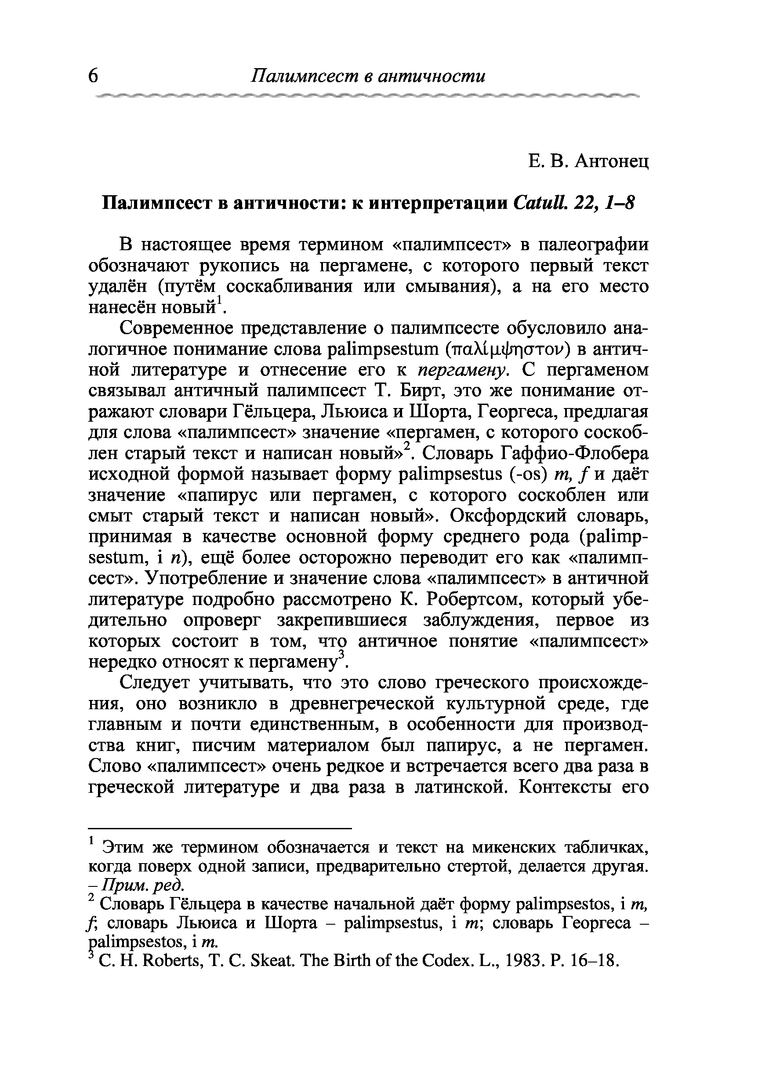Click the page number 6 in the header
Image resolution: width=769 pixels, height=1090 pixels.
point(93,76)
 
